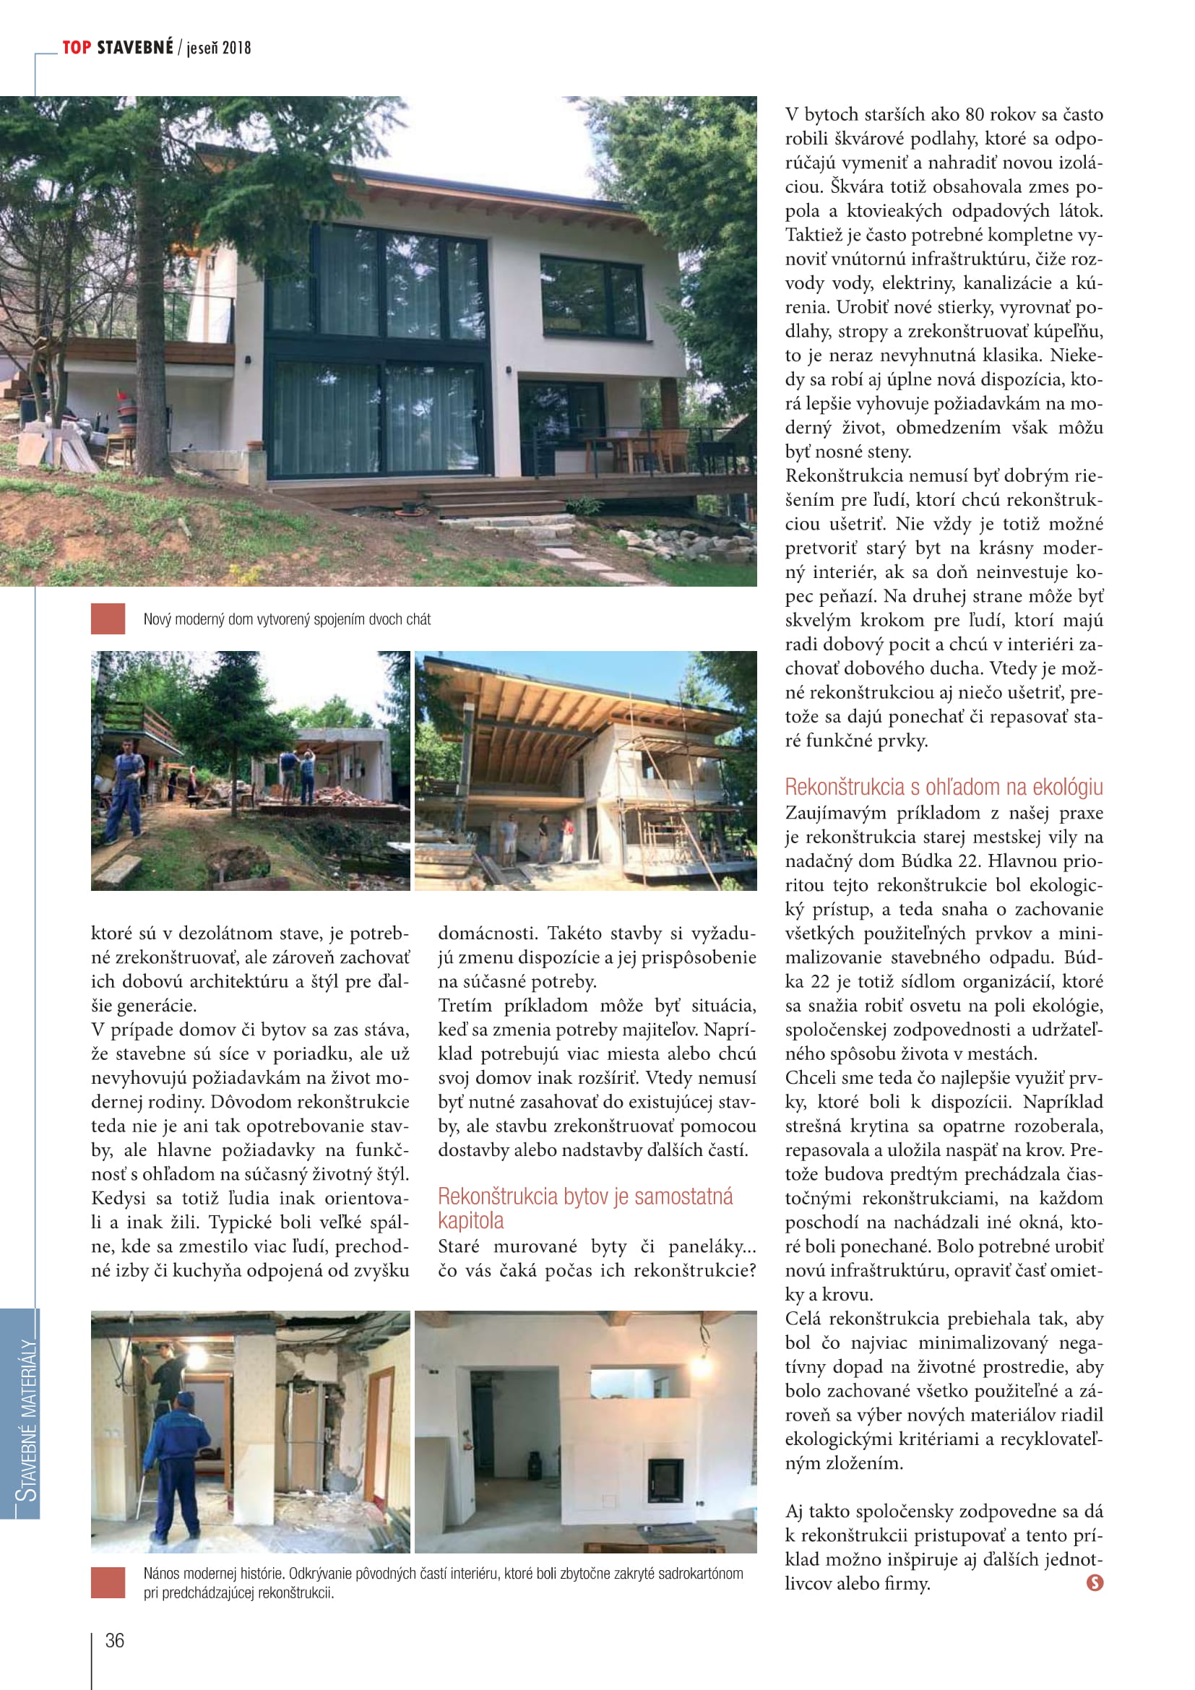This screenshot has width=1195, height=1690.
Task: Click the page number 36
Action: [x=115, y=1640]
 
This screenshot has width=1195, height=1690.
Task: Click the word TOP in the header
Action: [x=77, y=48]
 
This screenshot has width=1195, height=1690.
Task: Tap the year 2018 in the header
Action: [x=236, y=48]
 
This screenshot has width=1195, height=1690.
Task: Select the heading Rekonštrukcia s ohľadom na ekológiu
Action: [x=944, y=787]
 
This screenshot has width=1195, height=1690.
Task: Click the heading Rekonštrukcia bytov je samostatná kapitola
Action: [x=585, y=1208]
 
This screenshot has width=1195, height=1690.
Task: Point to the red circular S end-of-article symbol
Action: [x=1094, y=1582]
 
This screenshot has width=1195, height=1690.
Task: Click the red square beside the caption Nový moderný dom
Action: [x=108, y=619]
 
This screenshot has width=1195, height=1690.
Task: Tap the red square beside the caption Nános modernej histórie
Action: [x=108, y=1582]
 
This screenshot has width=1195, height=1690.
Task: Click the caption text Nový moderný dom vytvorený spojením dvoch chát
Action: [x=287, y=619]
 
